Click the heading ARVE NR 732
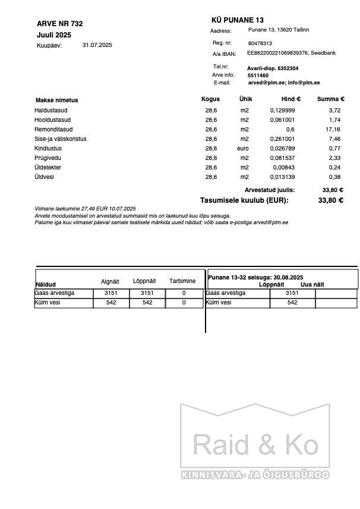point(59,24)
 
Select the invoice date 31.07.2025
point(97,45)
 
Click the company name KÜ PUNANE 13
point(237,20)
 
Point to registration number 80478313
point(260,43)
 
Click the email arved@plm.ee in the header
point(266,83)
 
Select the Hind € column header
point(291,99)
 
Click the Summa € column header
point(330,99)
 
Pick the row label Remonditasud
point(53,130)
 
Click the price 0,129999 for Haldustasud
point(282,111)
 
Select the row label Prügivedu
point(48,158)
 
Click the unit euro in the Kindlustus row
point(243,149)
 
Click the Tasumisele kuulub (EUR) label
point(244,200)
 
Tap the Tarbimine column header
point(182,281)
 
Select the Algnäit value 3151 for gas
point(111,294)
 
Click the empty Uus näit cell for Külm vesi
point(336,303)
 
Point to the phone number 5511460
point(258,76)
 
